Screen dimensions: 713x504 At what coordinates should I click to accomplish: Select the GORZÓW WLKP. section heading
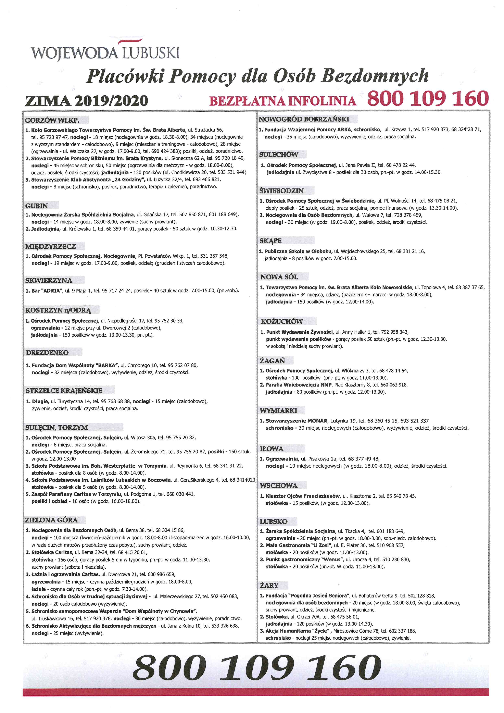[52, 120]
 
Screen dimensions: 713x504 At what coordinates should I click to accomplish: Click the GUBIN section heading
[37, 206]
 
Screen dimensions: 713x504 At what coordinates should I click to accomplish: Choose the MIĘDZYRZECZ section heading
[51, 247]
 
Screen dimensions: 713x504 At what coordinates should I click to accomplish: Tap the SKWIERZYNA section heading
[49, 280]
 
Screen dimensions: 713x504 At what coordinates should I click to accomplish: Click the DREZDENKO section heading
[47, 353]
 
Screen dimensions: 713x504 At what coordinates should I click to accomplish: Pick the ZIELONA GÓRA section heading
[51, 520]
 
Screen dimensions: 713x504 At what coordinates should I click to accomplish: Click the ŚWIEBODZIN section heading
[281, 191]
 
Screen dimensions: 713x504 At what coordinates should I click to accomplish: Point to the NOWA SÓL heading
[279, 277]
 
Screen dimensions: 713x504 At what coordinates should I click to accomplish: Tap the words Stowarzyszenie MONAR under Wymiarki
[296, 421]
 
